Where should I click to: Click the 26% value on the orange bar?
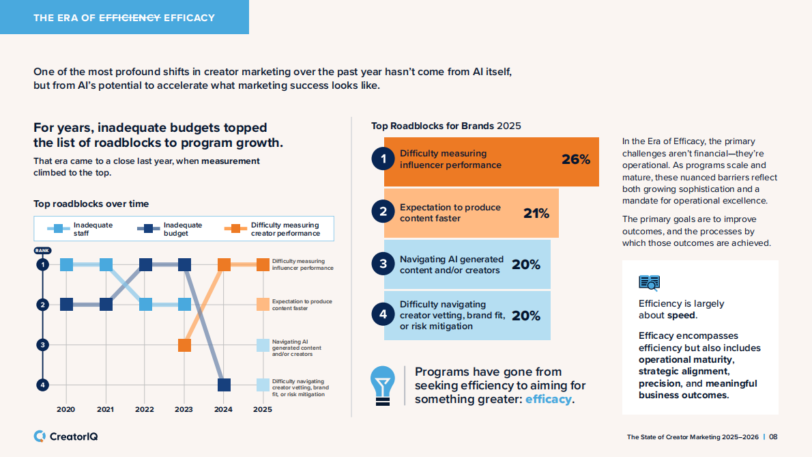click(575, 160)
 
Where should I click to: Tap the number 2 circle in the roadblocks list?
click(383, 212)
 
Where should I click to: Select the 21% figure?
click(536, 213)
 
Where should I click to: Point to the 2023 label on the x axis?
click(184, 410)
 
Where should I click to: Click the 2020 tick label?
click(66, 410)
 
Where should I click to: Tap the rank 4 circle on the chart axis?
click(42, 385)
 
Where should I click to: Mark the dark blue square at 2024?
click(223, 385)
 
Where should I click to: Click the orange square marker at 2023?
click(184, 345)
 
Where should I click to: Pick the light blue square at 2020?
click(66, 264)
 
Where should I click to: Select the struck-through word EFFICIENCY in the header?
click(130, 18)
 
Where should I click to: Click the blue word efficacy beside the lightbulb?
click(548, 399)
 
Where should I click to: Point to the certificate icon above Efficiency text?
click(649, 282)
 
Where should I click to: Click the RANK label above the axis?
click(42, 251)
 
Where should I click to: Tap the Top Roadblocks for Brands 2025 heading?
click(446, 126)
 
